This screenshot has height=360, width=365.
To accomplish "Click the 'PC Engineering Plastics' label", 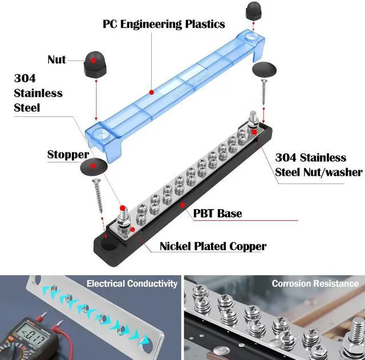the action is [164, 24].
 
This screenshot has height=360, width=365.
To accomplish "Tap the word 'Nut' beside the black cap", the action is [56, 60].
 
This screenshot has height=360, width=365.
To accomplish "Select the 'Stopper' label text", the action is [68, 154].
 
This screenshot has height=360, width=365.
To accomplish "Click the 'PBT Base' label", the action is [217, 213].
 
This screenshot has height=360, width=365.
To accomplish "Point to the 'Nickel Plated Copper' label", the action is [213, 246].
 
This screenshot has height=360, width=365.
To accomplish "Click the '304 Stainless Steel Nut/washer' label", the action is [319, 165].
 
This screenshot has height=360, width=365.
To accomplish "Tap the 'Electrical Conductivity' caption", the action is [132, 284].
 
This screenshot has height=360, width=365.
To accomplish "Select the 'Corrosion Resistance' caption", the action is [315, 284].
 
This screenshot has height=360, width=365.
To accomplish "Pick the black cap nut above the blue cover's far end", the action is [253, 11].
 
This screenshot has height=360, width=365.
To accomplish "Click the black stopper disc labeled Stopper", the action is [94, 166].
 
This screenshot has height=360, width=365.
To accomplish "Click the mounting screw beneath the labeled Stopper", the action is [98, 195].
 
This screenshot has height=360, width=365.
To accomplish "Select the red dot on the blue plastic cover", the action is [152, 92].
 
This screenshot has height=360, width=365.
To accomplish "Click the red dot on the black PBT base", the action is [182, 205].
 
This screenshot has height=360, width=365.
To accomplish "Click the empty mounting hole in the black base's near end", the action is [109, 244].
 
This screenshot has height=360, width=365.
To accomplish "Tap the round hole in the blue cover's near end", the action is [100, 134].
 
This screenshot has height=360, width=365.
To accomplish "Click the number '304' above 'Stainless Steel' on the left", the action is [25, 78].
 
